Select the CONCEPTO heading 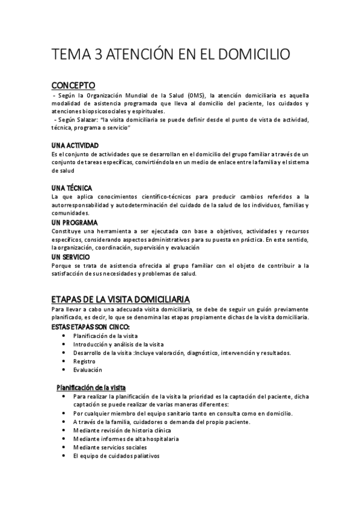[x=73, y=85]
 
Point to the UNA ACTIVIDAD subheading [x=75, y=146]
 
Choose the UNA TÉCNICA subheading [x=72, y=188]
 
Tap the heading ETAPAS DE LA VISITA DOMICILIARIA [x=121, y=300]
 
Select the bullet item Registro [x=84, y=361]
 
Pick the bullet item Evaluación [x=88, y=370]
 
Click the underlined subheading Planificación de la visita [x=91, y=387]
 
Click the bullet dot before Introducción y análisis [x=64, y=344]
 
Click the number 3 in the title [x=97, y=55]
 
